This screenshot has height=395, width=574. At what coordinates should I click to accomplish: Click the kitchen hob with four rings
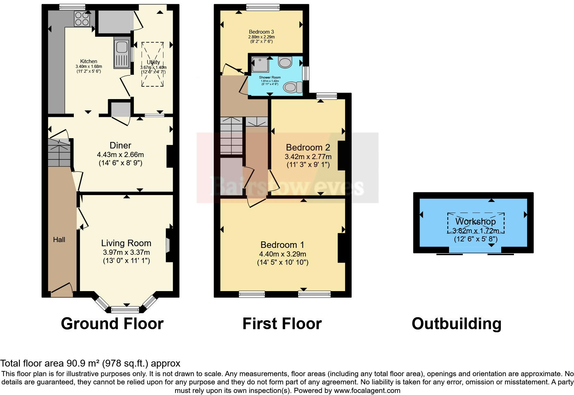(x=82, y=19)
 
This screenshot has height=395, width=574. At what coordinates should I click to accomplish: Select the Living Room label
(x=126, y=243)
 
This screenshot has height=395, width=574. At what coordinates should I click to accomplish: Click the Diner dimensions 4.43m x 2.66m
(x=120, y=155)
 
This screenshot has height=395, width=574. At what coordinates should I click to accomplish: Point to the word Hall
(x=59, y=240)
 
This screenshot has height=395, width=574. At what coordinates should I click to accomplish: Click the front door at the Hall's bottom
(x=62, y=291)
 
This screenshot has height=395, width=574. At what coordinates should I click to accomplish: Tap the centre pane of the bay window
(x=125, y=310)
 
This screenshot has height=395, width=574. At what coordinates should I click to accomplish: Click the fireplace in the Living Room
(x=169, y=246)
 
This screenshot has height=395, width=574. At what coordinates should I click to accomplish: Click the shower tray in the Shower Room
(x=260, y=64)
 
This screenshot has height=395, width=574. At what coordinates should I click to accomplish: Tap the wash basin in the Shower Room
(x=285, y=62)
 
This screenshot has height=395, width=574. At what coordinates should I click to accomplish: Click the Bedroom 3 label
(x=261, y=32)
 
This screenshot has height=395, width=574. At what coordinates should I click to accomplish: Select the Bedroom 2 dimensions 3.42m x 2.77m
(x=308, y=157)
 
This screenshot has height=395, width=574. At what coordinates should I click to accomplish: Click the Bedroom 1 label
(x=282, y=245)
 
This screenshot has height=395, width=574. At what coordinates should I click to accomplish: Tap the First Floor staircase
(x=231, y=135)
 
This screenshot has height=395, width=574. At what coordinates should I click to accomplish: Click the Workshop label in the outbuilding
(x=475, y=222)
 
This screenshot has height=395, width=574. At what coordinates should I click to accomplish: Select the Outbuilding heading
(x=456, y=323)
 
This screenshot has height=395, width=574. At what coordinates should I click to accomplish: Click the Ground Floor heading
(x=112, y=323)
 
